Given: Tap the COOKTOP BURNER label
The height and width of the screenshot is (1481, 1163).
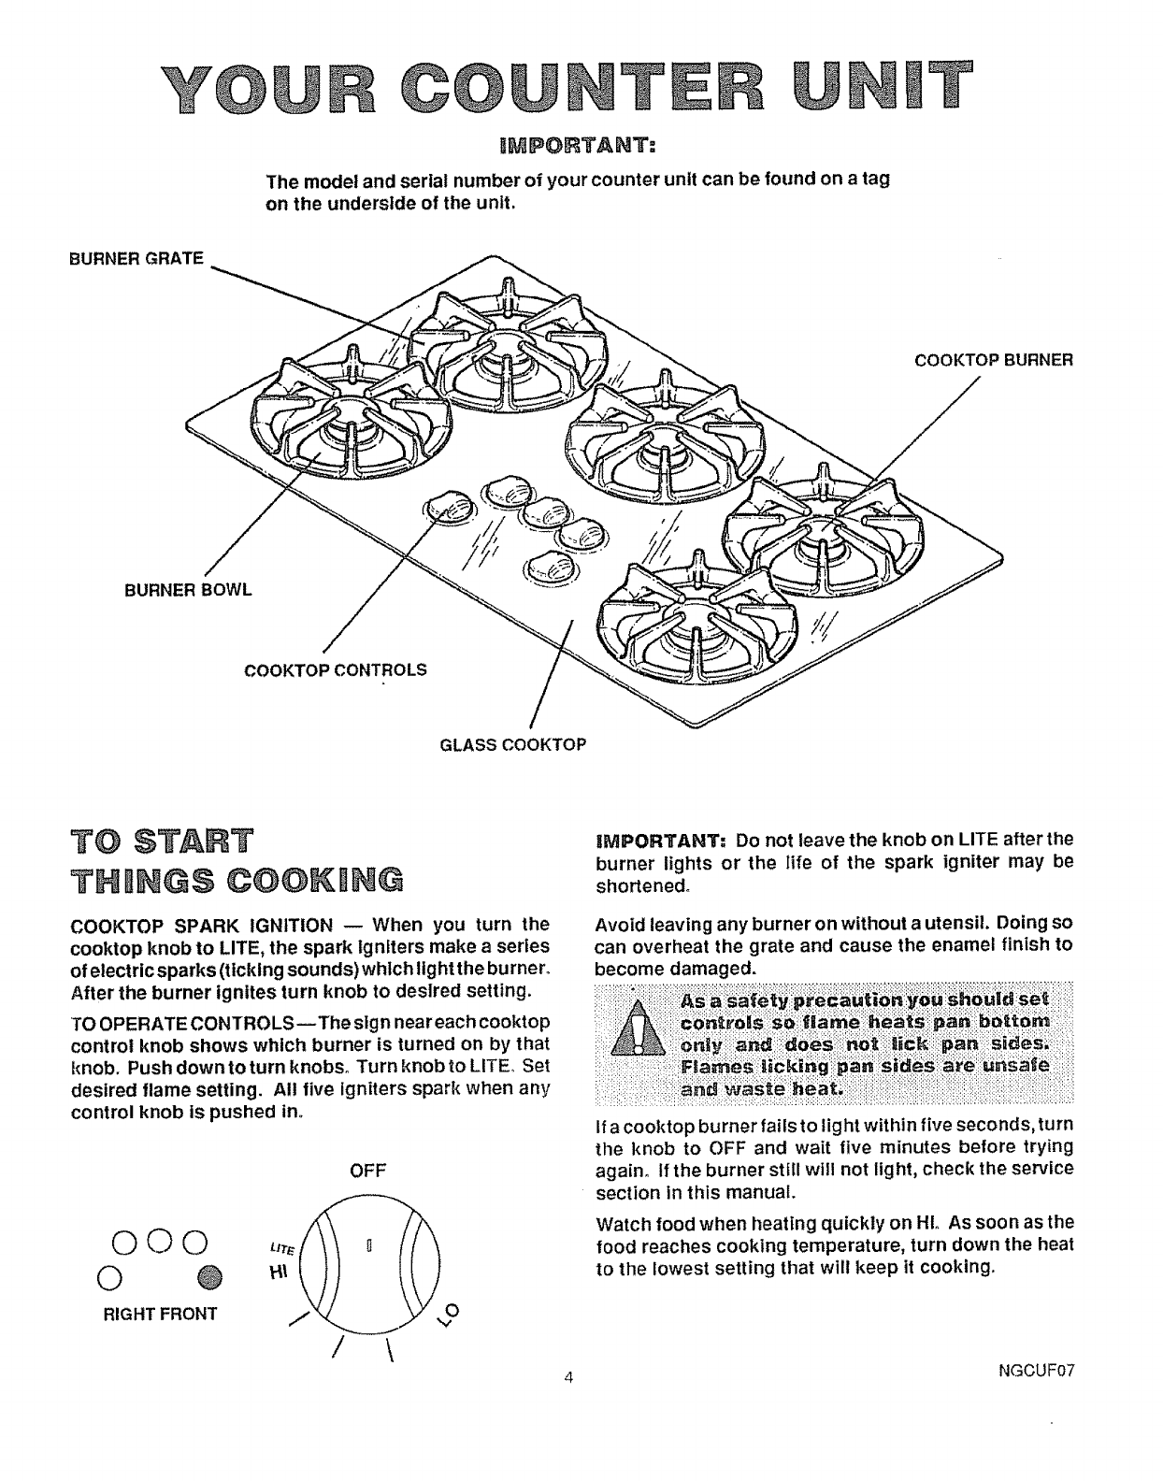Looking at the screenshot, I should point(993,360).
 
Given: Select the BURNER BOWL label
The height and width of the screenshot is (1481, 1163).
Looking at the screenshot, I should point(189,590).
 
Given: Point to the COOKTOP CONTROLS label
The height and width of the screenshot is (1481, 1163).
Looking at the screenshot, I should point(335,669).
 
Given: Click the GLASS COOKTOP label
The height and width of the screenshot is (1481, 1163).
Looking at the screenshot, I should point(513,744).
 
